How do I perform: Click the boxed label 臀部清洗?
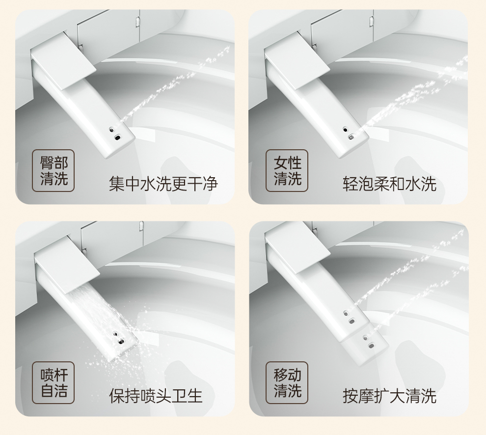click(54, 170)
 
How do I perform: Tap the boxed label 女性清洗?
click(287, 170)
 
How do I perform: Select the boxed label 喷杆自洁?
click(54, 382)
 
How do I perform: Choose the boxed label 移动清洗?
click(287, 382)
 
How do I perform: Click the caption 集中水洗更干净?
click(163, 184)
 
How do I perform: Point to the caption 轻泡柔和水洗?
click(389, 184)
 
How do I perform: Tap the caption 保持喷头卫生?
click(156, 396)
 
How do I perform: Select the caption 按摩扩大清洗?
click(389, 396)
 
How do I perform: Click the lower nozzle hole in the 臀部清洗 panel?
click(118, 137)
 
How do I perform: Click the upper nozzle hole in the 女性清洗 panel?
click(345, 129)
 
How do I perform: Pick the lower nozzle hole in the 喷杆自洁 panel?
click(121, 342)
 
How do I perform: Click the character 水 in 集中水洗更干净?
click(148, 184)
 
